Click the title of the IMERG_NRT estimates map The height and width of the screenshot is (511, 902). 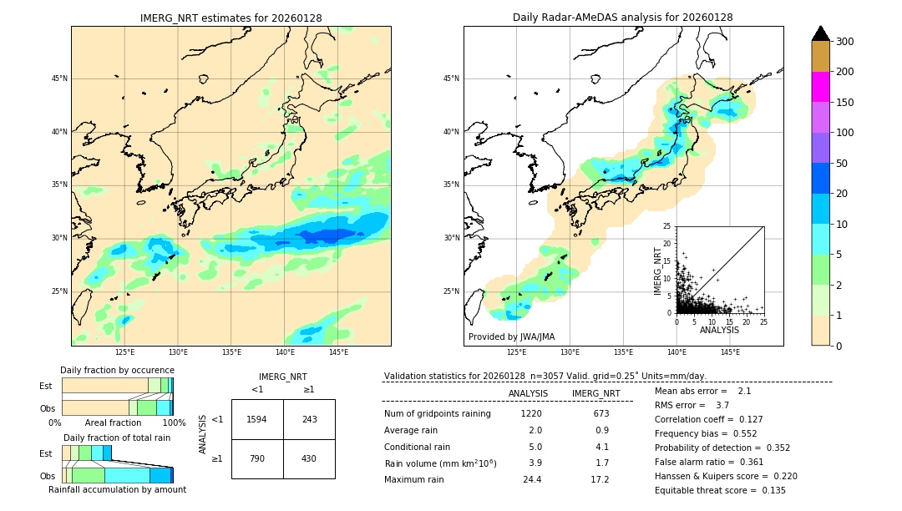(231, 18)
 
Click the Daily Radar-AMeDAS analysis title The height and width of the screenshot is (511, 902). (622, 18)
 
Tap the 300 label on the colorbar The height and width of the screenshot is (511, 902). (844, 42)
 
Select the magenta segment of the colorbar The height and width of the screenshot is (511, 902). (820, 87)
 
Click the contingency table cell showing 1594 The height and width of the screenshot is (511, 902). (257, 419)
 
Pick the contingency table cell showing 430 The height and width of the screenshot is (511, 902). (309, 458)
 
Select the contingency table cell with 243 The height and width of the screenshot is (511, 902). (309, 419)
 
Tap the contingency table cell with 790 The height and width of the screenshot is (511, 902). (257, 458)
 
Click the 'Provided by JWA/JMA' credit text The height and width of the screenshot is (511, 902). (511, 337)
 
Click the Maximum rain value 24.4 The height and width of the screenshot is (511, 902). (531, 479)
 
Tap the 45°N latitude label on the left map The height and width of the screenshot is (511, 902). (58, 78)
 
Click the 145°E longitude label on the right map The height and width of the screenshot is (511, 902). (730, 352)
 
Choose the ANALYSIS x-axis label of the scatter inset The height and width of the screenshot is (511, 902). (719, 330)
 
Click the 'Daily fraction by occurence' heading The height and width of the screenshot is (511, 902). (117, 370)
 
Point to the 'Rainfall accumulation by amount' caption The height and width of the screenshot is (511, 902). (117, 489)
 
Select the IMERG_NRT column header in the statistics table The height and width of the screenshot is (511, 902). (595, 393)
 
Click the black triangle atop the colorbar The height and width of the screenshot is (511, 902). (820, 33)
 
